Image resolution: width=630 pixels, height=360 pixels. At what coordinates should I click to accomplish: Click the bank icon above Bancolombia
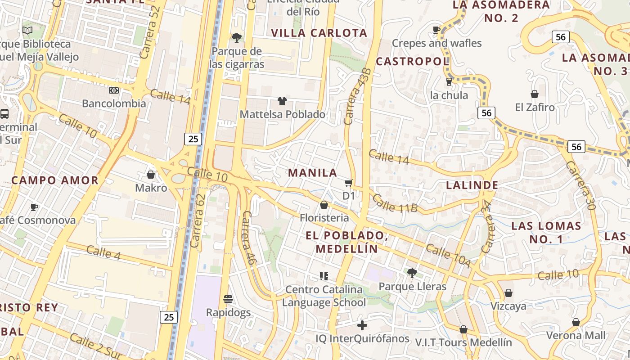point(114,90)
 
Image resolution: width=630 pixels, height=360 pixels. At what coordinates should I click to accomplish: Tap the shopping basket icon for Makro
point(151,174)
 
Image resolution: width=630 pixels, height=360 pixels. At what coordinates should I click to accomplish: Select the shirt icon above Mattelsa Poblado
point(282,101)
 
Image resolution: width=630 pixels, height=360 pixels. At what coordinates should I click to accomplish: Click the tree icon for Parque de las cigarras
point(236,38)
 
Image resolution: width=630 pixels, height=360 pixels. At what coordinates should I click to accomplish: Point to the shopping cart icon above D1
point(348,183)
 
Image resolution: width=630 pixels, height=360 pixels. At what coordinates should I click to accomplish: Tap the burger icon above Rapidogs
point(228,299)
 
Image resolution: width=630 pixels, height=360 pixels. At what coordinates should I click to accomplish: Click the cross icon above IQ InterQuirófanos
point(362,325)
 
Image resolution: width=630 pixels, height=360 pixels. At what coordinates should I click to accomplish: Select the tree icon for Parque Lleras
point(412,273)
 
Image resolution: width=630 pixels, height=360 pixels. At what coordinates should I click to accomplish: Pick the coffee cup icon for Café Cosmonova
point(34,207)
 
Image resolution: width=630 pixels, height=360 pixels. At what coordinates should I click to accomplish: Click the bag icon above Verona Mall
point(576,322)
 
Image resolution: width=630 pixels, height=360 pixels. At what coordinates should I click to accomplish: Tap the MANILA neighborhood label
point(313,173)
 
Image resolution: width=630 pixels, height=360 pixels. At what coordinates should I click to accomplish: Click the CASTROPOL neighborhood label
point(412,61)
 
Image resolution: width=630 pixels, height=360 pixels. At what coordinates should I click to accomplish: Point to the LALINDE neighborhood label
point(472,185)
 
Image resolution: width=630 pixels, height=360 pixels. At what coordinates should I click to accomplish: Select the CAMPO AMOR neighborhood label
point(55,180)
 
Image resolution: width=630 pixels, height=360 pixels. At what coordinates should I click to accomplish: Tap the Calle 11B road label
point(396,203)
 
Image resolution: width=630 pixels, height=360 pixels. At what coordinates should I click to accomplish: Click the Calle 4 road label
point(103,252)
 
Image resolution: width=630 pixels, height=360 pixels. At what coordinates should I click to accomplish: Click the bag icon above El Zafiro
point(535,94)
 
